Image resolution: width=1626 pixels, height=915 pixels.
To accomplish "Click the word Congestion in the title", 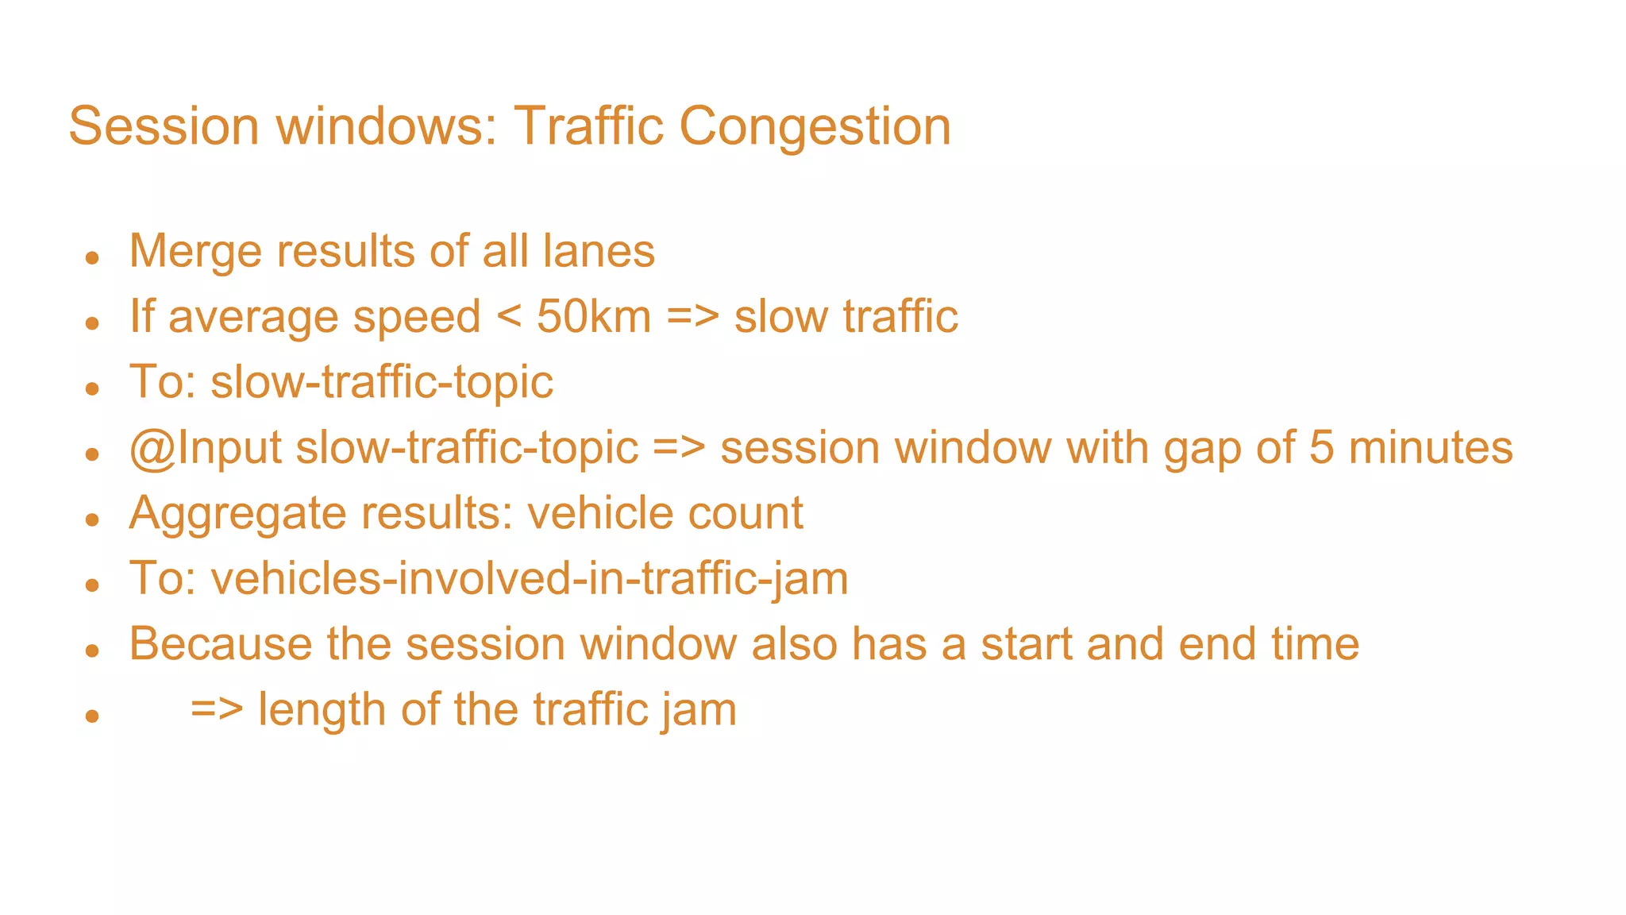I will [815, 127].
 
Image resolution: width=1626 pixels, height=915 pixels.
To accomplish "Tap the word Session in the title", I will [164, 127].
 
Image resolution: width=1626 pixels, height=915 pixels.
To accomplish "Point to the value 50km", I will [594, 317].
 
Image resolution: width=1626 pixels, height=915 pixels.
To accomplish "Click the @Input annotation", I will [206, 449].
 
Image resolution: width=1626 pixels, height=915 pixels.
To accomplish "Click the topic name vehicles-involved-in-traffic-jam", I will [530, 579].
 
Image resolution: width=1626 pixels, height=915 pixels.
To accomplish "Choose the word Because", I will [221, 644].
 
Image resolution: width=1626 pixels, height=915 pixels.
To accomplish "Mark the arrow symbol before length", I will [217, 709].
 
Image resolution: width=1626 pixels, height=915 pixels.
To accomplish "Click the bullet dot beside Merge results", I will [93, 257].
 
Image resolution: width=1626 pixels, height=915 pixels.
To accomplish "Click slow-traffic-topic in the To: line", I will [382, 383].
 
